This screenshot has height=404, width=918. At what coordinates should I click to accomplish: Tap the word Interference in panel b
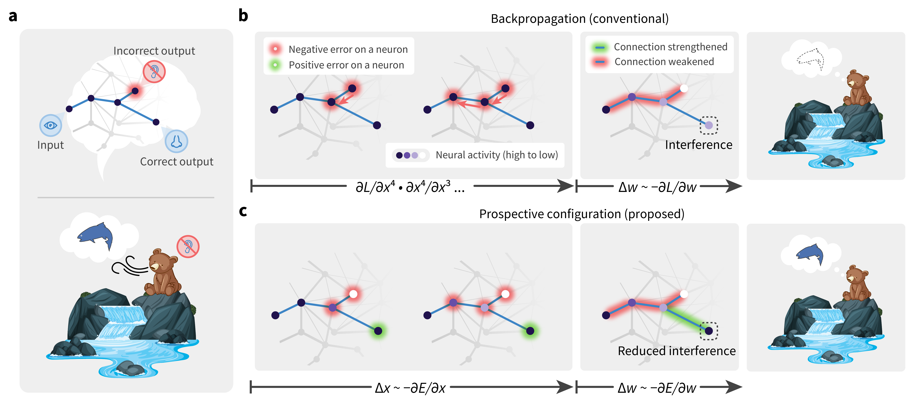[698, 145]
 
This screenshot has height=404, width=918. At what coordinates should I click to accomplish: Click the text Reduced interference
[676, 351]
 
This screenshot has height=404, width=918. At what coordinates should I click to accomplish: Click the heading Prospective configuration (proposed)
[582, 214]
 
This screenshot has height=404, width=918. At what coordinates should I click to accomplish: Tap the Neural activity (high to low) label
[496, 155]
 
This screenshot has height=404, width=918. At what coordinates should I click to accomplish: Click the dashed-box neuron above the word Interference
[709, 125]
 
